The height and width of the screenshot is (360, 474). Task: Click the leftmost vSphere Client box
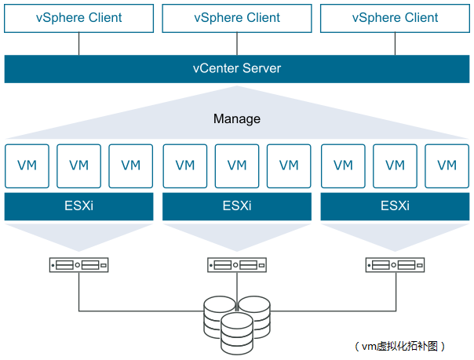(x=79, y=18)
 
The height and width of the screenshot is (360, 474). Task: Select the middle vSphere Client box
(x=237, y=18)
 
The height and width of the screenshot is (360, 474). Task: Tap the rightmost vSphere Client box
(x=395, y=18)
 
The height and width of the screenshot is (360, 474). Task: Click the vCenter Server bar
(x=237, y=69)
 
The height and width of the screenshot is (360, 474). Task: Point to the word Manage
(x=237, y=118)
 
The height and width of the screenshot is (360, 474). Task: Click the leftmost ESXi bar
(x=79, y=206)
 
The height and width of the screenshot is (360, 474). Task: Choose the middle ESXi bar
(x=237, y=206)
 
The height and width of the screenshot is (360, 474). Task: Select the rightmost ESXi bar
(x=395, y=206)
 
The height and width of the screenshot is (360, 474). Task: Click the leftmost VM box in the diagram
(x=27, y=166)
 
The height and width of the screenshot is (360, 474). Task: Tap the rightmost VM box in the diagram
(x=447, y=166)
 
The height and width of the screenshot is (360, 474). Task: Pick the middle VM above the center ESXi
(x=237, y=166)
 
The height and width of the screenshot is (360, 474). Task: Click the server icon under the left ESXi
(x=79, y=265)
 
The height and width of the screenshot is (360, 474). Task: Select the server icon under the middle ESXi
(x=237, y=265)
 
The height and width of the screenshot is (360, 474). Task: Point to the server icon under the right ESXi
(x=395, y=265)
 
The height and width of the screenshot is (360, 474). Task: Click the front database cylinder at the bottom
(x=237, y=333)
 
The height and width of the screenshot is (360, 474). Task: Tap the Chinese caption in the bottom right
(x=399, y=346)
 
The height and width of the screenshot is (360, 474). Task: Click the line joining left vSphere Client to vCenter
(x=79, y=44)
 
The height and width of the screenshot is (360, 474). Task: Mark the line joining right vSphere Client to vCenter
(x=395, y=44)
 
